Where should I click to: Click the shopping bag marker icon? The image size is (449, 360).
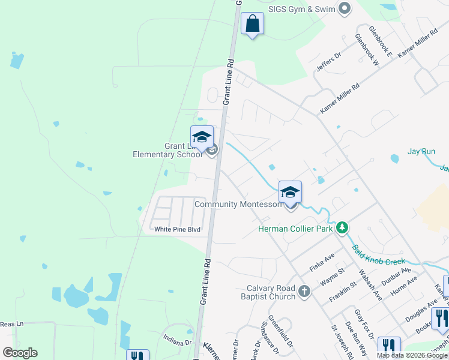pos(252,25)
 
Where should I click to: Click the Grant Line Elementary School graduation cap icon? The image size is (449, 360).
pos(202,137)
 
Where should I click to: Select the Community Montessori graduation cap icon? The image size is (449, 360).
pos(290,192)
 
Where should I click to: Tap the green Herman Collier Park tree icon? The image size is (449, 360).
pos(342,227)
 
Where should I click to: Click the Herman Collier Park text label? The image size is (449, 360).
pos(295,228)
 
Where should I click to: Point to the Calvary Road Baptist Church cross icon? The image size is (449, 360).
pos(304,292)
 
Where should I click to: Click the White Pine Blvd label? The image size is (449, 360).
pos(177,229)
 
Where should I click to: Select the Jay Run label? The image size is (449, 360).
pos(421,151)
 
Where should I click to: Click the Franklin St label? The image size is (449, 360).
pos(343,291)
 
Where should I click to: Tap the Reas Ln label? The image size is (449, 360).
pos(11,323)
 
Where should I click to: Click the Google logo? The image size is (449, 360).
pos(20,353)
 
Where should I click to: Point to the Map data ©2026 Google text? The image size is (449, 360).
pos(412,355)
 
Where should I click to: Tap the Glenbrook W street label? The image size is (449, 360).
pos(367,49)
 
